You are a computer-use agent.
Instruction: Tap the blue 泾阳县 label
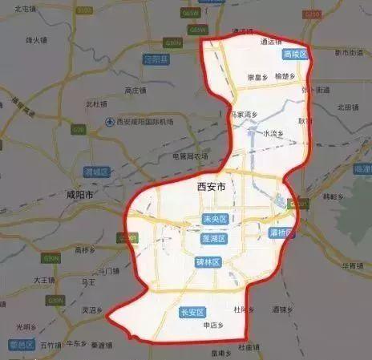pos(156,59)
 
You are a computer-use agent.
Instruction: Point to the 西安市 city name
pos(211,186)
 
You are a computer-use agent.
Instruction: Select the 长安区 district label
pos(193,312)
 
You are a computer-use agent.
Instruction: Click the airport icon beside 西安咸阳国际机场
pos(110,122)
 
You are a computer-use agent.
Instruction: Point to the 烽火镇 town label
pos(38,38)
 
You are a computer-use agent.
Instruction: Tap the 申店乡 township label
pos(212,325)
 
